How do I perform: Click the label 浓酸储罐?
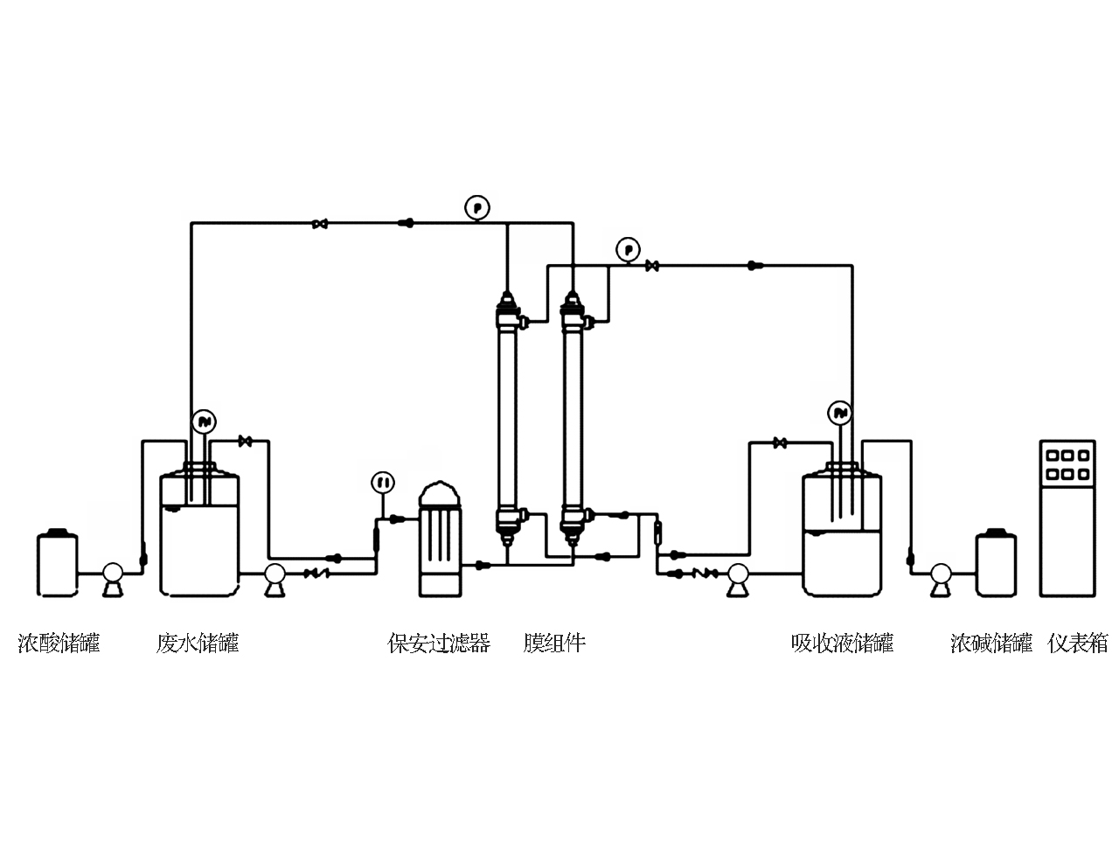[59, 644]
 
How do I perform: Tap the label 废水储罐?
[198, 644]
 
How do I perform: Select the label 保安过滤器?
[439, 644]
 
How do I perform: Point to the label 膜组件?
[554, 644]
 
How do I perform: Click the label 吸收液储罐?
[842, 644]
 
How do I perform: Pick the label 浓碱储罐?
[991, 644]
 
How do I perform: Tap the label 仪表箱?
[1078, 644]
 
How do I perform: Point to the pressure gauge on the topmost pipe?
[477, 208]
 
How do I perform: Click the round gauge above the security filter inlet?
[382, 482]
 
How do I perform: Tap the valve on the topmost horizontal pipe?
[321, 225]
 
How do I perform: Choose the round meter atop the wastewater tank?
[205, 422]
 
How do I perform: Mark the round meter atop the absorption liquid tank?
[840, 413]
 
